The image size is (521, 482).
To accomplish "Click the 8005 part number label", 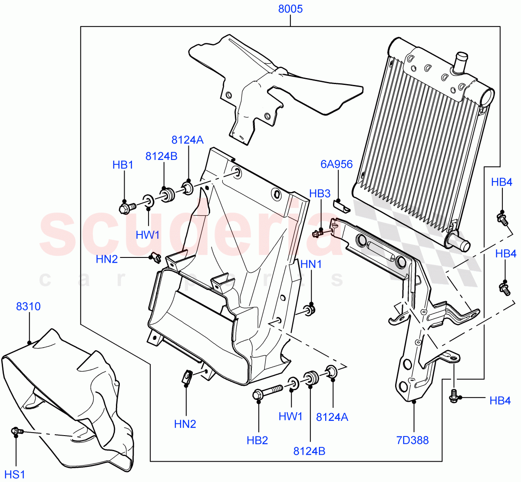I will (x=290, y=9).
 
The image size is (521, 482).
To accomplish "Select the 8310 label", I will (x=28, y=306).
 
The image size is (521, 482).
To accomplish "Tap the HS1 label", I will (x=15, y=474).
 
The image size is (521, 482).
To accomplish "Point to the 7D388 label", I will (x=412, y=440).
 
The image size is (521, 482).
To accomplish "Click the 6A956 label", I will (x=336, y=164).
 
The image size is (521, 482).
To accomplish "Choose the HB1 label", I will (x=123, y=165).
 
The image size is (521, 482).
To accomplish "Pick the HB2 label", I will (x=257, y=441).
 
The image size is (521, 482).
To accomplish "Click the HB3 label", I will (x=320, y=194).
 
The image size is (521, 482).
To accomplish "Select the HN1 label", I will (x=311, y=264).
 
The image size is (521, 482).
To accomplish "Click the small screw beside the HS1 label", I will (x=16, y=431).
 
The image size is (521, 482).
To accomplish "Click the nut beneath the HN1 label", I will (x=310, y=309).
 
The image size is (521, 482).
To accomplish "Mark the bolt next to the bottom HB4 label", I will (x=454, y=395).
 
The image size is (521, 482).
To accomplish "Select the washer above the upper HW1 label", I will (x=148, y=201).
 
